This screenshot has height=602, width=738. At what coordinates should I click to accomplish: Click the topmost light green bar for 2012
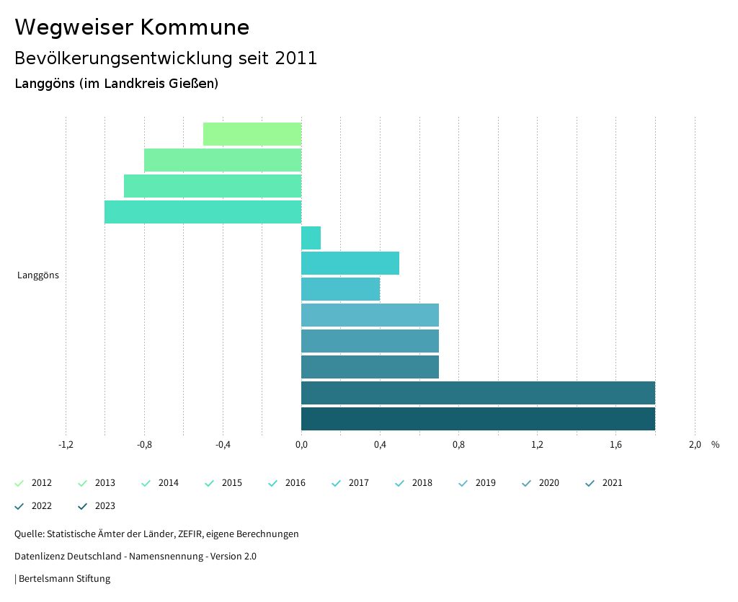[252, 134]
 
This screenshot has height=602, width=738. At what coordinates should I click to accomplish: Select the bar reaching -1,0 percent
[203, 212]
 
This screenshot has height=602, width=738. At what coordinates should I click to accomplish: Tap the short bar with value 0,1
[311, 238]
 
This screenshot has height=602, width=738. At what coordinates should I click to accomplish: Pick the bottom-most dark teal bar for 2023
[478, 419]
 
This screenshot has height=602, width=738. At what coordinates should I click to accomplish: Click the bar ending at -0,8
[223, 160]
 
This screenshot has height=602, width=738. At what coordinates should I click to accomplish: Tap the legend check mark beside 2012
[19, 483]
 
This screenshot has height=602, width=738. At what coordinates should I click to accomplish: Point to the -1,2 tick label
[66, 445]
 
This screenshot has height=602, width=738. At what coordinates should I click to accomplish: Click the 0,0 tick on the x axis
[301, 445]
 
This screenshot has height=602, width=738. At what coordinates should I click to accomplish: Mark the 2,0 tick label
[695, 445]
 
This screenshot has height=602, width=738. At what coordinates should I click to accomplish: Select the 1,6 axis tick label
[616, 445]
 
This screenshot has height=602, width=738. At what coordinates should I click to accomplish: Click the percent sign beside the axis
[715, 445]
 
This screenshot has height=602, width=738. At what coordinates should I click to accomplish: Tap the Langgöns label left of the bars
[38, 275]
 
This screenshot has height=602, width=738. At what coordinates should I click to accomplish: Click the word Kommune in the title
[195, 27]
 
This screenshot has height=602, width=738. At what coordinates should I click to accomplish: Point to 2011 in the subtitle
[295, 58]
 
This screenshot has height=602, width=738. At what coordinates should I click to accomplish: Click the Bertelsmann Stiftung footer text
[64, 579]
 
